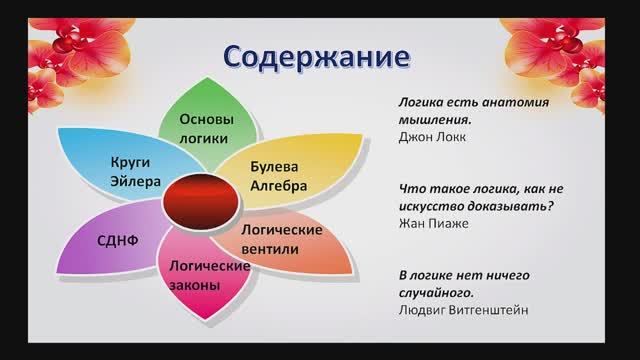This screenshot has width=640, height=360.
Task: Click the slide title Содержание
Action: click(x=317, y=56)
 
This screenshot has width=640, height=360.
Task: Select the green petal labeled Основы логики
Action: click(x=206, y=125)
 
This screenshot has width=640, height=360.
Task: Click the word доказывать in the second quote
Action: click(x=496, y=209)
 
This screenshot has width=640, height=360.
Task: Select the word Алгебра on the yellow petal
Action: click(x=278, y=185)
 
